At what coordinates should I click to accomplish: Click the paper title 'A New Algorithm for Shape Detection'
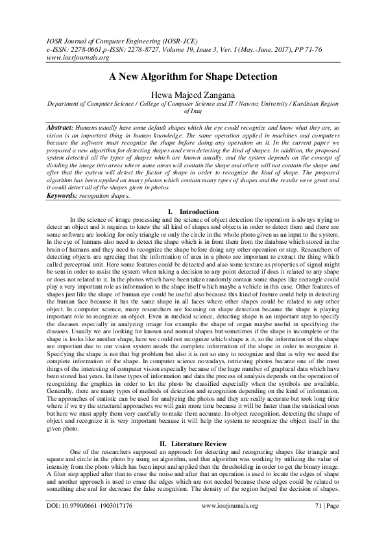(193, 77)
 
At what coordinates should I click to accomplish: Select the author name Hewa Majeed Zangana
(193, 93)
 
